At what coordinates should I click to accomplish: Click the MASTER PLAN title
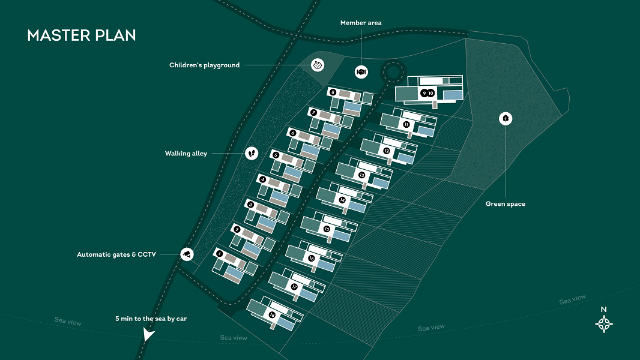coord(82,35)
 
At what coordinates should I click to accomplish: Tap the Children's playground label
coord(204,65)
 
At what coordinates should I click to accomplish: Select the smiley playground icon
coord(318,65)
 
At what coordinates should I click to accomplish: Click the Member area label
coord(361,23)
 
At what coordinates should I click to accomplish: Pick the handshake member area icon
coord(361,71)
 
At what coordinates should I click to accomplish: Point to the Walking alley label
coord(186,154)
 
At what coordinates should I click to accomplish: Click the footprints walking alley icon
coord(252,154)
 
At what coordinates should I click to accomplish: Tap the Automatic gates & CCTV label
coord(116,254)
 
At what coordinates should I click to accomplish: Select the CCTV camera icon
coord(187,254)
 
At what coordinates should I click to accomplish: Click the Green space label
coord(506,204)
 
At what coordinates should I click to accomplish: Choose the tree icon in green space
coord(506,119)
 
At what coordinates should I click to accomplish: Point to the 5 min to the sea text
coord(151,319)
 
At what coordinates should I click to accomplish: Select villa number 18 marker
coord(273,315)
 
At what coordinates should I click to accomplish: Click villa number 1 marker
coord(219,254)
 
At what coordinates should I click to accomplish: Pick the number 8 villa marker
coord(333,92)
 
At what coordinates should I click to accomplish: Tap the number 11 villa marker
coord(406,124)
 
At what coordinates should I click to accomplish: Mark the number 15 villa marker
coord(327,229)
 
